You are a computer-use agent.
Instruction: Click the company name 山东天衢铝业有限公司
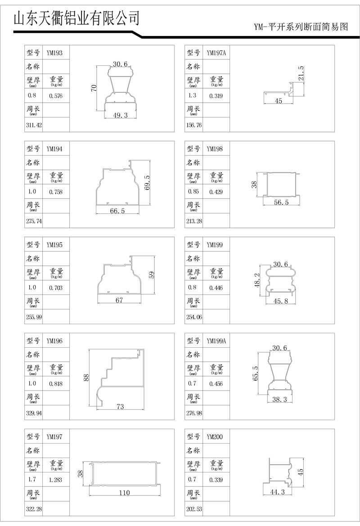(x=76, y=18)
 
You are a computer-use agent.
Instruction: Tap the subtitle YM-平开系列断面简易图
(x=301, y=27)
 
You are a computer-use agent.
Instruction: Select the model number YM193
(x=54, y=53)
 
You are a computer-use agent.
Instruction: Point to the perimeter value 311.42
(x=33, y=125)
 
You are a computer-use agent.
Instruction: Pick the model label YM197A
(x=216, y=53)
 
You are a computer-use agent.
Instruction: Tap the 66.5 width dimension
(x=117, y=211)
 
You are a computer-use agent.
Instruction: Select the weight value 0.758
(x=56, y=192)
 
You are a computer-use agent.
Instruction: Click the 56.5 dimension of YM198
(x=281, y=203)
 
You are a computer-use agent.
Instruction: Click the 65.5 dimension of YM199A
(x=256, y=373)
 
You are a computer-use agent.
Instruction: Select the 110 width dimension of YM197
(x=124, y=493)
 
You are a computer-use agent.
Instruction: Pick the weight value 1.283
(x=56, y=480)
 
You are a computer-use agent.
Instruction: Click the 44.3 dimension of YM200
(x=277, y=492)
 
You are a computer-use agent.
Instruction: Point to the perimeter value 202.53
(x=193, y=509)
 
